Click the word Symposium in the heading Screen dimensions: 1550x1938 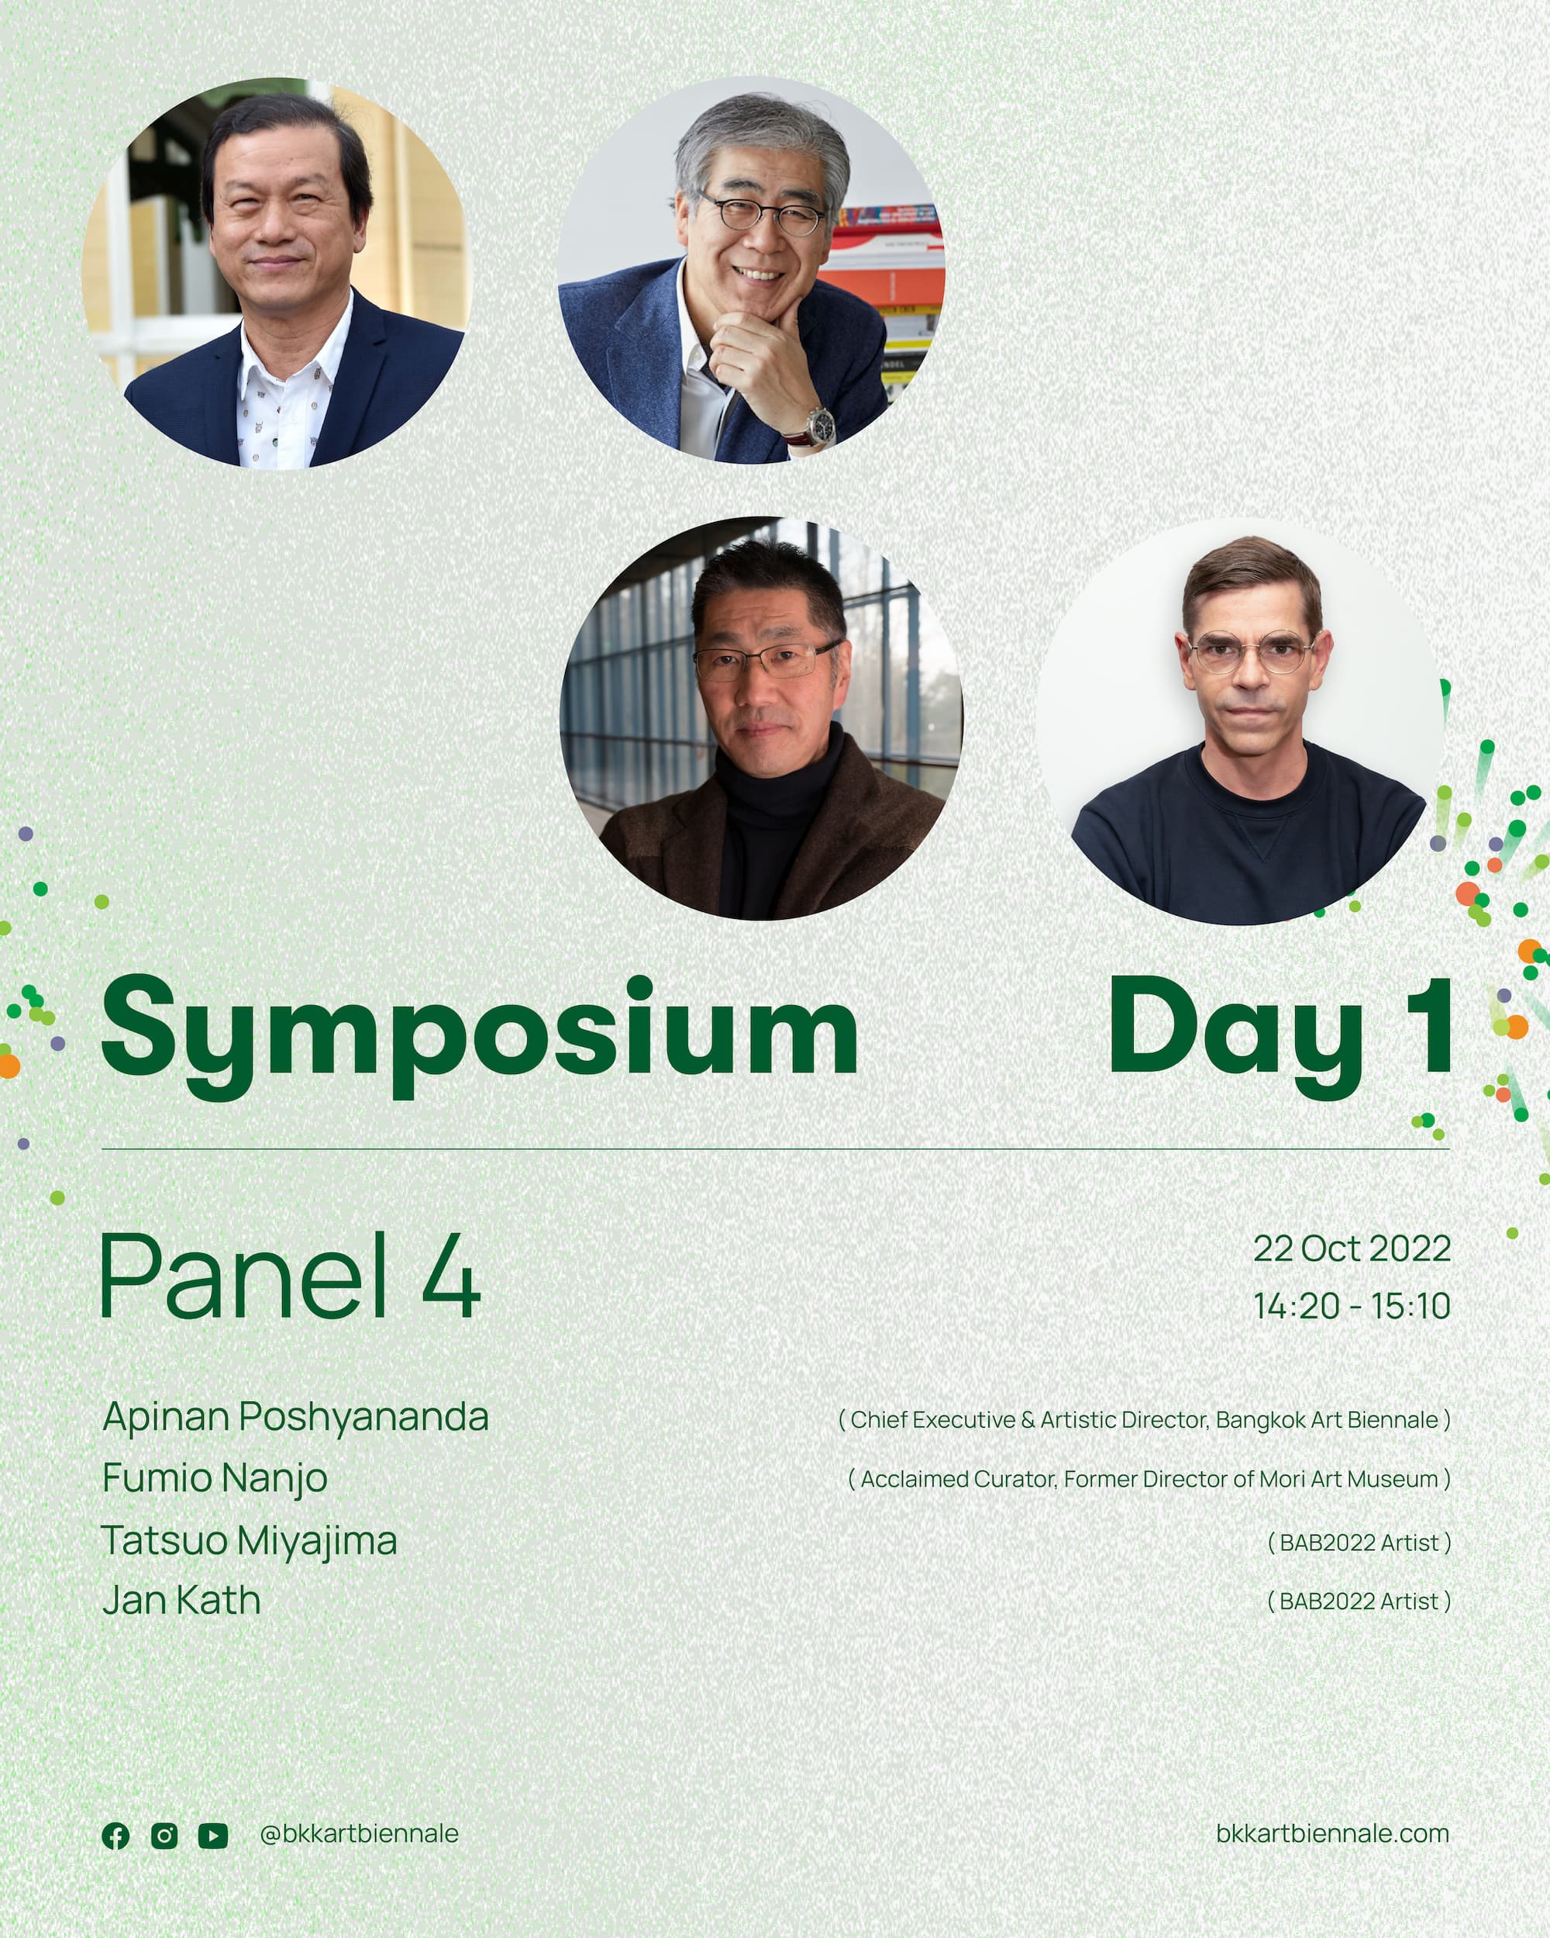click(480, 1034)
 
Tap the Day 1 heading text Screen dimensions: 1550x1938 click(1280, 1034)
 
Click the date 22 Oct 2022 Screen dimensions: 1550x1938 click(1352, 1248)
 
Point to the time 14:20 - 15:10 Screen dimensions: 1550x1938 click(1352, 1306)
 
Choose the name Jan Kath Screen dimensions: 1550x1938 click(181, 1601)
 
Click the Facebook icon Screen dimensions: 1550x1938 click(116, 1836)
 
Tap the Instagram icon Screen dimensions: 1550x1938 click(164, 1836)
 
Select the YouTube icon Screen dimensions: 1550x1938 click(213, 1836)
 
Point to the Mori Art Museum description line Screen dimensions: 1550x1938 click(1149, 1480)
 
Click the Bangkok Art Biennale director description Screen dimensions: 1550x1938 click(1144, 1420)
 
